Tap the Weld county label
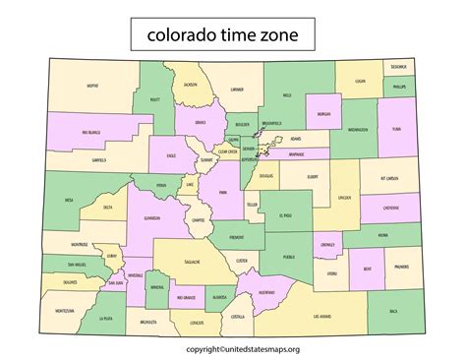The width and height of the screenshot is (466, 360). click(x=287, y=95)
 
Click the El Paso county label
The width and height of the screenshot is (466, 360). click(x=285, y=214)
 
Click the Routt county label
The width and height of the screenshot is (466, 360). click(x=154, y=99)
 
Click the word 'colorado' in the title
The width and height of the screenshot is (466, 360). click(x=187, y=36)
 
